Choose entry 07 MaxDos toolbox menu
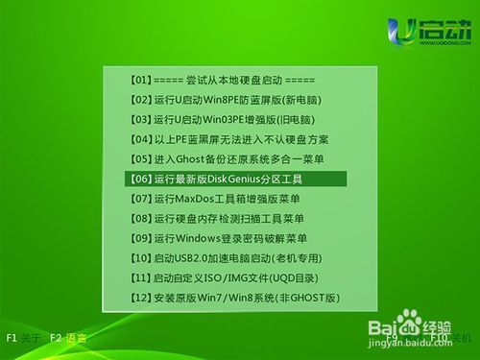(220, 198)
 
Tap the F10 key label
(438, 338)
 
